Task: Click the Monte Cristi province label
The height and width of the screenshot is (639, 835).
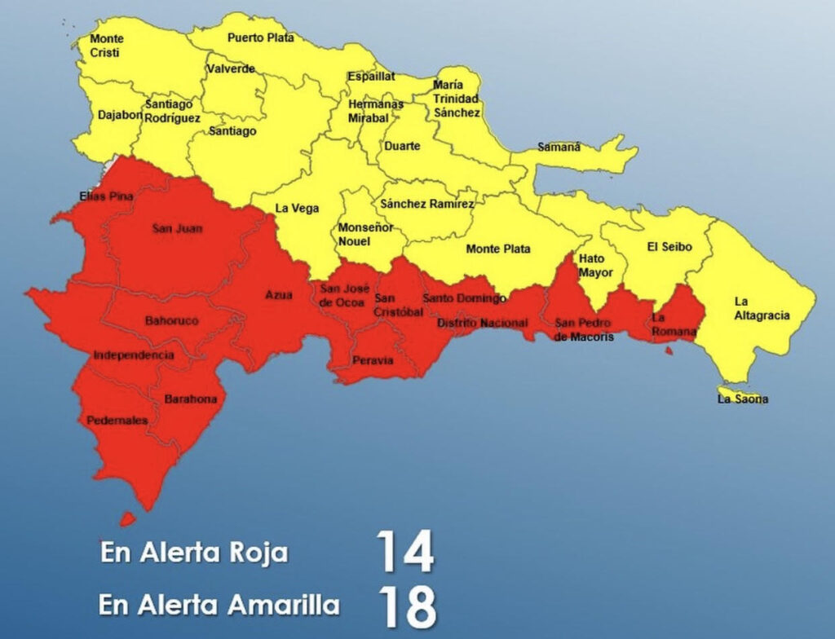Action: click(106, 46)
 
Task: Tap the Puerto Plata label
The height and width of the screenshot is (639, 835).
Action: click(255, 37)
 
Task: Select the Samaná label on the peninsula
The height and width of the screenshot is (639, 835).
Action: click(559, 148)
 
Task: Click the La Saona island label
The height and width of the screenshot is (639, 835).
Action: click(742, 399)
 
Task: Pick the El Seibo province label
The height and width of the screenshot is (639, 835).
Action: click(669, 246)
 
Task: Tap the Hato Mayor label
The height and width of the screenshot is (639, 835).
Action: click(595, 266)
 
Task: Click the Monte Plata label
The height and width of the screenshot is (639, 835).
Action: click(497, 249)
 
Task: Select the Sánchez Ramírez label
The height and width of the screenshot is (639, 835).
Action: click(426, 204)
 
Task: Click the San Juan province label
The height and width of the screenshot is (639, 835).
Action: click(177, 228)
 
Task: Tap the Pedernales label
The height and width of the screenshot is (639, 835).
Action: click(117, 421)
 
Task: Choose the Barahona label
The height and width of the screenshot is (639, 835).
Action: click(191, 399)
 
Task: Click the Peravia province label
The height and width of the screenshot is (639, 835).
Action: click(373, 360)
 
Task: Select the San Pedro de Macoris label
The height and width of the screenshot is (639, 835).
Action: click(584, 330)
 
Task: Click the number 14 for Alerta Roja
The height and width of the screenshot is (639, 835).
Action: click(404, 552)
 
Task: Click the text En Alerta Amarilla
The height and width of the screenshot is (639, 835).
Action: click(219, 606)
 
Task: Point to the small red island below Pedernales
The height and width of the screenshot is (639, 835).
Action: click(128, 518)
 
